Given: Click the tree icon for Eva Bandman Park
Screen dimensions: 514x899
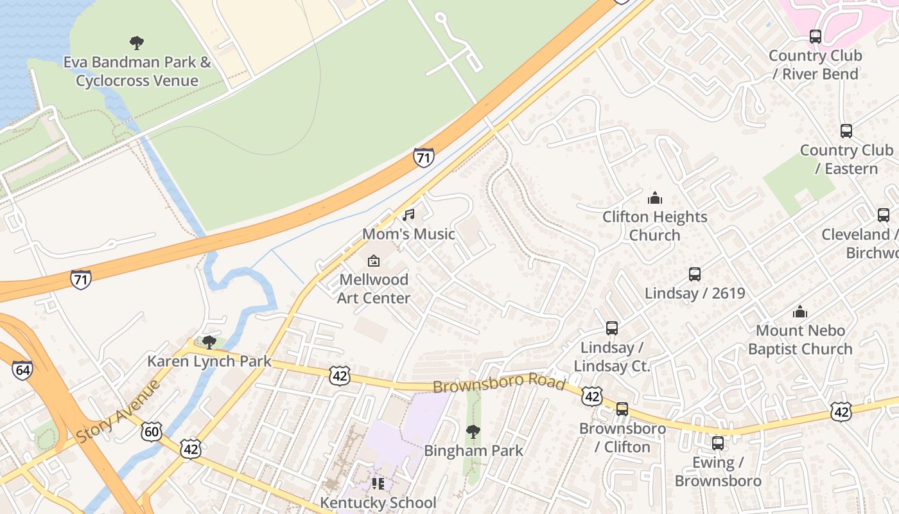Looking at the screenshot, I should pos(136,43).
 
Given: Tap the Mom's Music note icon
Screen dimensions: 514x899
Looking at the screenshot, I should pos(408,215).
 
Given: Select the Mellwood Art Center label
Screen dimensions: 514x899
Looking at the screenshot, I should pos(374,288).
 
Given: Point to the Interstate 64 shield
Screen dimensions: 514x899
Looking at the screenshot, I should pos(22,369).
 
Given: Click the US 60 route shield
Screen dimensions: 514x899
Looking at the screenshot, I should pos(151,431).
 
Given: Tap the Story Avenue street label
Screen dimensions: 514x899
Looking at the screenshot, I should pos(118,412).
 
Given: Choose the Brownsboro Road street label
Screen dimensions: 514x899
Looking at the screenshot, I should pos(498,384).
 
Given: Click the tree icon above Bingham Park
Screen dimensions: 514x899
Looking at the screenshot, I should pos(473,431).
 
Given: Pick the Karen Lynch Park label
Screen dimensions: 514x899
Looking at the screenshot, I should pos(209,361).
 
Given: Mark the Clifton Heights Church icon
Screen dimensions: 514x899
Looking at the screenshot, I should pos(654,197).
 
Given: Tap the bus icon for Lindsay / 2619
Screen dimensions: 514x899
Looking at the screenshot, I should pos(694,274).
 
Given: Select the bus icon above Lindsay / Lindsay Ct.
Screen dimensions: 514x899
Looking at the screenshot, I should pos(611,328).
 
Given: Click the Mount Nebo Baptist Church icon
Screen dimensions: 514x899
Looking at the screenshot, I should pos(799,312).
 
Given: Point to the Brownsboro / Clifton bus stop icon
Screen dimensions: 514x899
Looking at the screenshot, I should pos(622,409).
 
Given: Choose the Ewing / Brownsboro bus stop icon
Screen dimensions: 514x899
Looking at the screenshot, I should pos(717,443).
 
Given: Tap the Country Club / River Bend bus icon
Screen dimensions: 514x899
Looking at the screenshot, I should pos(815,37).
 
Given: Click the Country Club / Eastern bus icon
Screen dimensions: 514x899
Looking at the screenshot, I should pos(846,131).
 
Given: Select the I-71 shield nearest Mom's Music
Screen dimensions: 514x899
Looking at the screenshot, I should pos(423,157).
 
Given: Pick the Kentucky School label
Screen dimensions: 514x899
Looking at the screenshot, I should pos(378,502).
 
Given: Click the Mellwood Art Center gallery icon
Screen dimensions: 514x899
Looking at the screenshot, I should pos(373,261).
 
